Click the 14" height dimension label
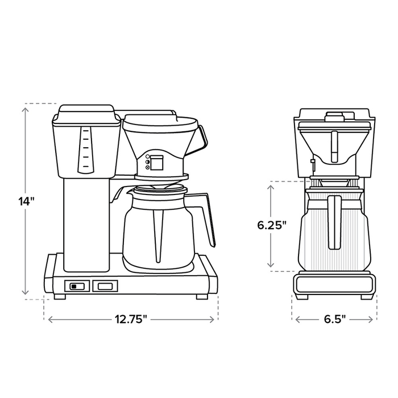[x=26, y=201]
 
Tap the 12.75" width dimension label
[x=131, y=319]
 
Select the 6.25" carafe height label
[x=272, y=225]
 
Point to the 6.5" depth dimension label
[x=335, y=319]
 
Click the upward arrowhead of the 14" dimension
[x=25, y=110]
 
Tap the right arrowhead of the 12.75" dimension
[x=212, y=320]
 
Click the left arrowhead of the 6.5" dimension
[x=298, y=320]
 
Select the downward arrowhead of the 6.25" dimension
[x=271, y=264]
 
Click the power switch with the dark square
[x=77, y=286]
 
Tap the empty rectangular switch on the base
[x=105, y=286]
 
